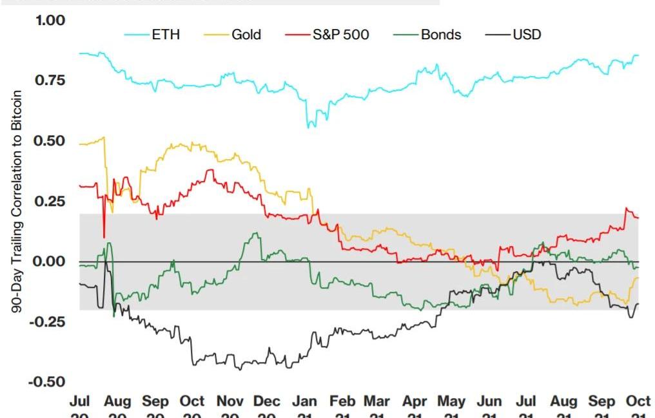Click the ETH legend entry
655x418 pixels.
(x=165, y=35)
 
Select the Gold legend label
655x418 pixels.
(x=246, y=35)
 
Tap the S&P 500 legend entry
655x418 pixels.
(x=340, y=35)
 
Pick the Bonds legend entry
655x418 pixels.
(x=441, y=35)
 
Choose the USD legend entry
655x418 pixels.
(x=527, y=35)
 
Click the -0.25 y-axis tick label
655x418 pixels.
(x=46, y=321)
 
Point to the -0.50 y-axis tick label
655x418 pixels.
(x=46, y=382)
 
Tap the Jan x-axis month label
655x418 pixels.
(x=304, y=402)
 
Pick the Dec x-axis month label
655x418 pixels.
(x=267, y=402)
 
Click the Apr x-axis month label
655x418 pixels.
(x=415, y=402)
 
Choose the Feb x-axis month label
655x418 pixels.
(x=342, y=402)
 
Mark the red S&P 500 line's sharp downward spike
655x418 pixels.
(x=104, y=236)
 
